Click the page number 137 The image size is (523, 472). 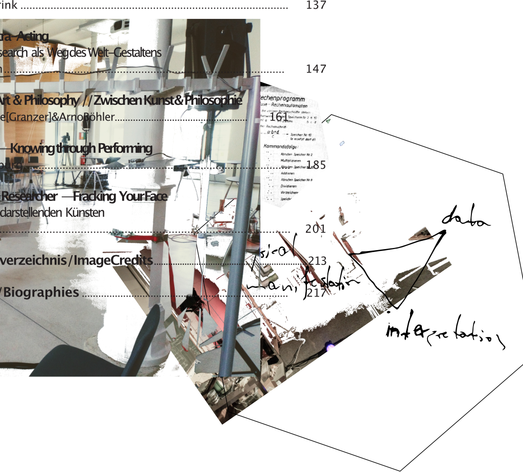[x=316, y=6]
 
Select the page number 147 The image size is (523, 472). [x=316, y=69]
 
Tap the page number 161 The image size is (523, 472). [x=279, y=117]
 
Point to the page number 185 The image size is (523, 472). [x=316, y=165]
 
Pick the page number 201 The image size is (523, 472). [x=315, y=229]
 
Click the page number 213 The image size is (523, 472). [x=317, y=261]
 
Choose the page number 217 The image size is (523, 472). [x=316, y=293]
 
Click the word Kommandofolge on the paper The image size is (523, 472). [x=280, y=146]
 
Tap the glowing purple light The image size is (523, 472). [x=330, y=347]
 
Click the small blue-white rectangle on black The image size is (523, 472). [x=342, y=143]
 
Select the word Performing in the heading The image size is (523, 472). [x=125, y=148]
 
